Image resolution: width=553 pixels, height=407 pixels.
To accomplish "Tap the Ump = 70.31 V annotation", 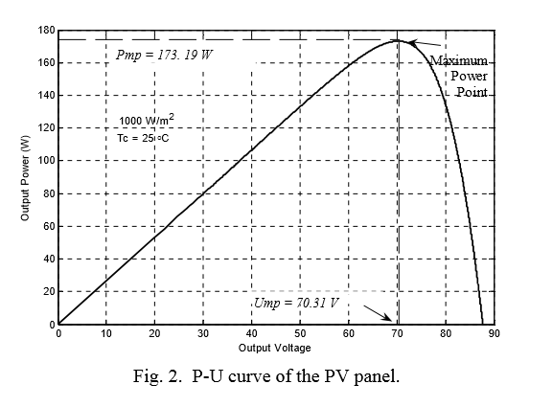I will (298, 304).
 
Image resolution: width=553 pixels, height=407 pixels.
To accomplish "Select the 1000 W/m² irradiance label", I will (147, 121).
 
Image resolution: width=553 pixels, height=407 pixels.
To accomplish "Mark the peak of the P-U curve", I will (397, 40).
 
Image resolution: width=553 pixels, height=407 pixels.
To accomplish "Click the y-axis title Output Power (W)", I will (26, 178).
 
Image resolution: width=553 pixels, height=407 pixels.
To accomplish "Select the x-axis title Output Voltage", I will (275, 348).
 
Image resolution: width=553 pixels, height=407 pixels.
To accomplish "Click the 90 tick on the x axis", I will (494, 334).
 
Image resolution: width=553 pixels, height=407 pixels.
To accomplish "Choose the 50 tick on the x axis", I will (300, 334).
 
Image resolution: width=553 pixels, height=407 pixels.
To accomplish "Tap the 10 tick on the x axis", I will (106, 334).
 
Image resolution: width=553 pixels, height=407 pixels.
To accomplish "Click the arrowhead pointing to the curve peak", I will (410, 42).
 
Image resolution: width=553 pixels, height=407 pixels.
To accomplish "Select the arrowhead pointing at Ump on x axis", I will (387, 319).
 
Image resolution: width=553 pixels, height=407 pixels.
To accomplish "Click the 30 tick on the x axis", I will (203, 334).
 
